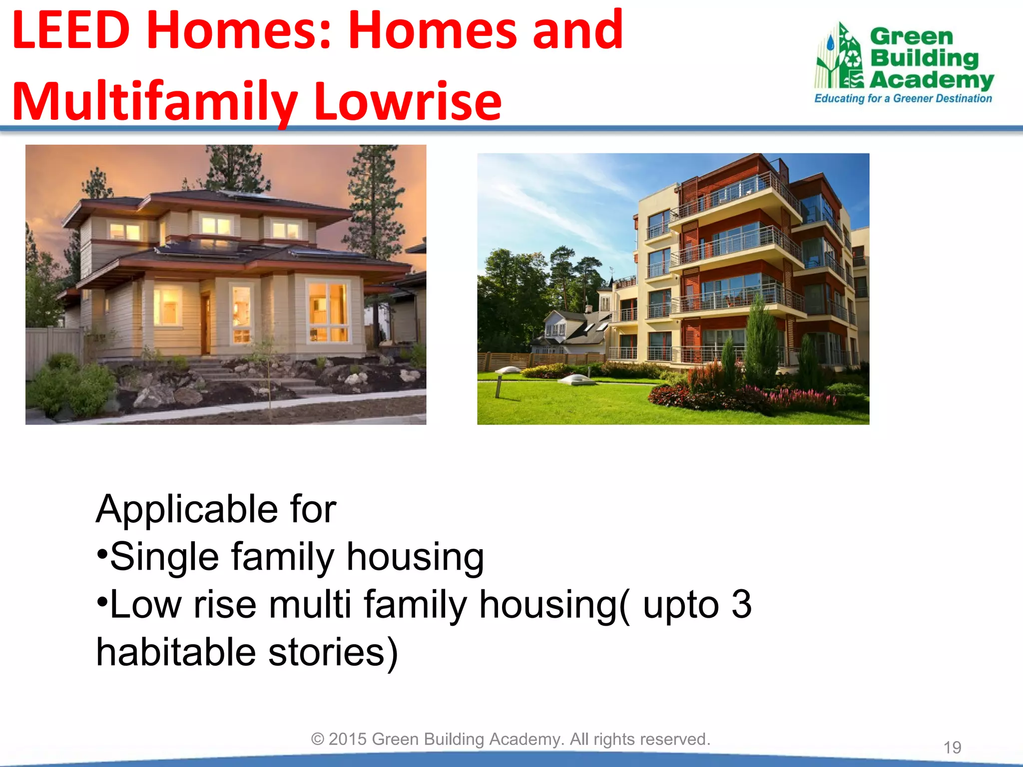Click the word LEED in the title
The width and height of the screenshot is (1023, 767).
(71, 31)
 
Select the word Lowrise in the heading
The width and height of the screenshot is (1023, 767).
(407, 102)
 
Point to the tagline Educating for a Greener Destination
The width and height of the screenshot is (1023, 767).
(903, 98)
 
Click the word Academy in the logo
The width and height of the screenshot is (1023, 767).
(932, 80)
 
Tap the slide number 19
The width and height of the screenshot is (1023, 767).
(952, 748)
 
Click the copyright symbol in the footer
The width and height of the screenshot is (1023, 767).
(318, 739)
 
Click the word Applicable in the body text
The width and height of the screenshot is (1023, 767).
(187, 509)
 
